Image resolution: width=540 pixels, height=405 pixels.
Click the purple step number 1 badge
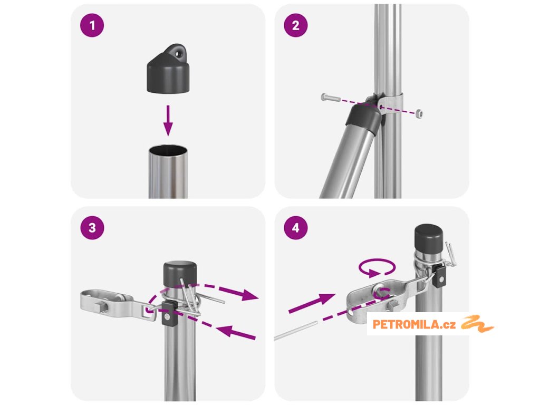[x=92, y=25]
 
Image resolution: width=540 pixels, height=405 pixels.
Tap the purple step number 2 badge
[x=296, y=25]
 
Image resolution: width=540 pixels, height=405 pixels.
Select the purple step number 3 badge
[x=92, y=228]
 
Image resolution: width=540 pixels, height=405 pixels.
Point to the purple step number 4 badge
[x=296, y=228]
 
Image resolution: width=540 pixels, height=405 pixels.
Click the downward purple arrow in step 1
[x=168, y=121]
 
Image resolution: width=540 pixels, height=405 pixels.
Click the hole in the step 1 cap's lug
[x=178, y=54]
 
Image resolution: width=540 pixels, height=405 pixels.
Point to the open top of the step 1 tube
[x=168, y=150]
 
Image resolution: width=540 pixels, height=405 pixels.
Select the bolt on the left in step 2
[x=331, y=98]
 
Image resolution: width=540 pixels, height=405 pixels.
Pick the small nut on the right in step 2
[x=419, y=113]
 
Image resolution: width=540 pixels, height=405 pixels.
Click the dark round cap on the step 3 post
[x=180, y=274]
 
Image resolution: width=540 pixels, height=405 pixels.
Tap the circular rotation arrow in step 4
[x=377, y=267]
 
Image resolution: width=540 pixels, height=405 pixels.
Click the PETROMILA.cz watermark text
[x=414, y=324]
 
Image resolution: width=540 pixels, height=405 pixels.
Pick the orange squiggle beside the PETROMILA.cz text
[x=477, y=323]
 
